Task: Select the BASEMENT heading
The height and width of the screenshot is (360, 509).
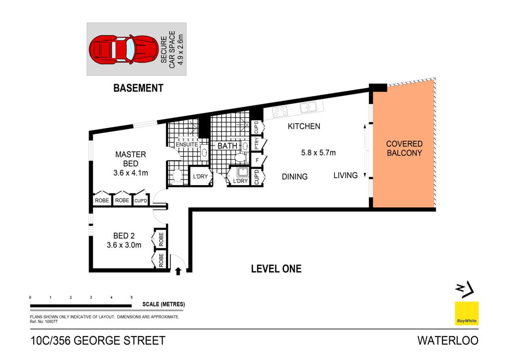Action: pyautogui.click(x=138, y=89)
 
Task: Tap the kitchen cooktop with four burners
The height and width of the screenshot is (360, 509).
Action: pyautogui.click(x=279, y=111)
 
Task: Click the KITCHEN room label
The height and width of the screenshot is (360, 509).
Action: pyautogui.click(x=304, y=126)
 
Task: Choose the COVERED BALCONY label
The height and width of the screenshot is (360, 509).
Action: pyautogui.click(x=404, y=148)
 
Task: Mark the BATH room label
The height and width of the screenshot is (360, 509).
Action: pyautogui.click(x=227, y=146)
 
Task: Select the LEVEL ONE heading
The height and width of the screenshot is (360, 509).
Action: pyautogui.click(x=276, y=269)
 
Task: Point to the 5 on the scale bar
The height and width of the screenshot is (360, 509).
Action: pyautogui.click(x=131, y=297)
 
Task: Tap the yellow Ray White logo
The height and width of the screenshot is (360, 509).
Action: pyautogui.click(x=467, y=314)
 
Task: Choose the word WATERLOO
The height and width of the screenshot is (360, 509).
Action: pyautogui.click(x=447, y=341)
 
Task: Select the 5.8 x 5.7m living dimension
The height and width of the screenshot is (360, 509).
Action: pyautogui.click(x=318, y=153)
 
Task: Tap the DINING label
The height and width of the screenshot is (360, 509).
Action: pyautogui.click(x=294, y=177)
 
